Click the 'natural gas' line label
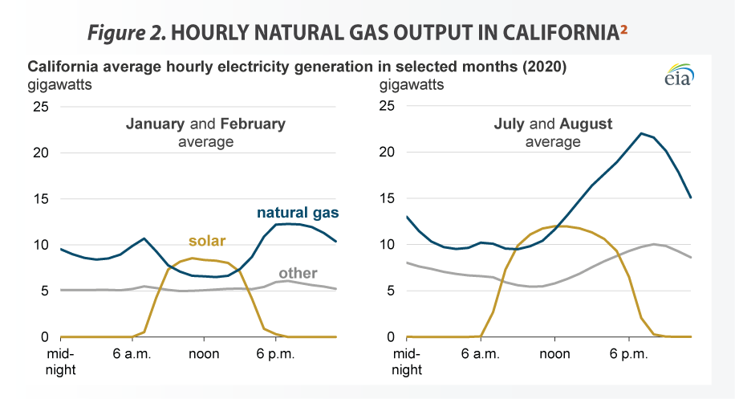[x=297, y=213]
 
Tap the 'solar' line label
[x=207, y=241]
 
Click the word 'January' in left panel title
[x=156, y=124]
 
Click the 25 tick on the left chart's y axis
[x=40, y=106]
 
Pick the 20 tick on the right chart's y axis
[x=388, y=153]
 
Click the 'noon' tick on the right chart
[x=554, y=354]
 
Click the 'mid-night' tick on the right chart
[x=408, y=361]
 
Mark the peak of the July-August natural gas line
[x=640, y=133]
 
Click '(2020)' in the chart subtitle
[x=543, y=67]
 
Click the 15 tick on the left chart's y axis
[x=40, y=199]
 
